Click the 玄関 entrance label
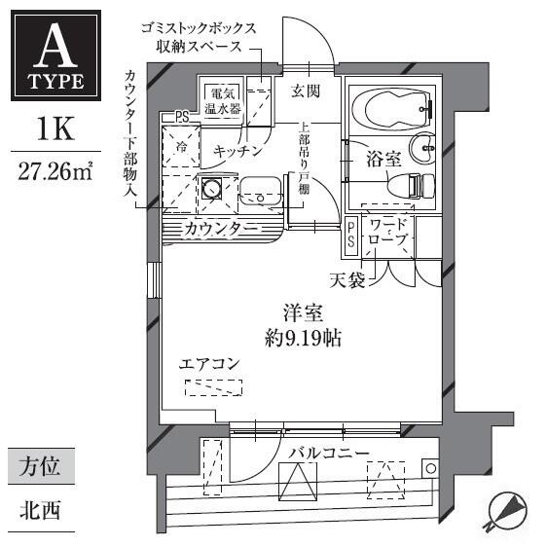click(x=306, y=91)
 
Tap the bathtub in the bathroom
click(x=392, y=108)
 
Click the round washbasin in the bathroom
click(x=422, y=149)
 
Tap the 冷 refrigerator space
click(x=181, y=147)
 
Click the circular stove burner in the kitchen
click(x=212, y=189)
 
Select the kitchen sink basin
click(x=261, y=194)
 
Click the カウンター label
click(x=221, y=229)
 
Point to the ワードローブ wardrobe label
click(x=388, y=233)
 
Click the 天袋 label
click(x=347, y=280)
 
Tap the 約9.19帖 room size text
click(x=303, y=338)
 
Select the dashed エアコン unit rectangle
click(x=213, y=387)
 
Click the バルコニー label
click(x=329, y=454)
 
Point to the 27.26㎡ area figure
click(x=55, y=171)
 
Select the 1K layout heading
click(x=55, y=129)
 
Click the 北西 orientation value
click(x=40, y=510)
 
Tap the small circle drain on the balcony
click(x=431, y=468)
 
